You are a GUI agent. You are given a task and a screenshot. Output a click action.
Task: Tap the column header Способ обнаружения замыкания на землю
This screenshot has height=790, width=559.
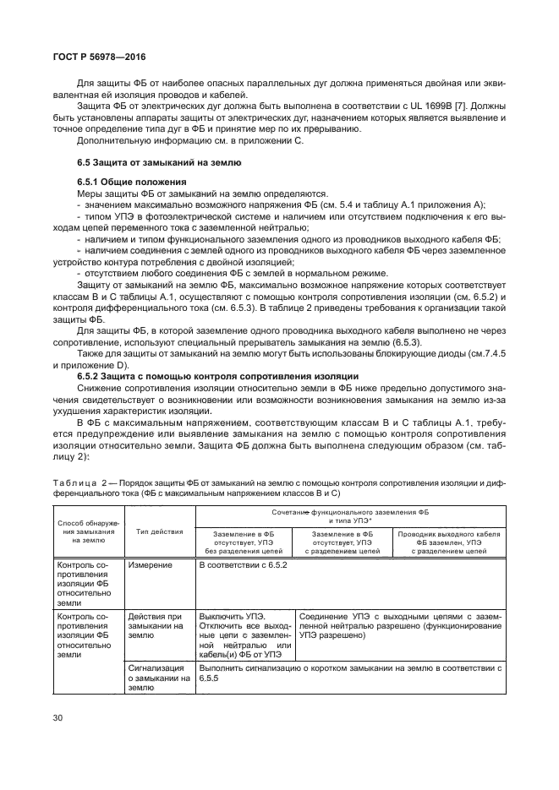89,531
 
